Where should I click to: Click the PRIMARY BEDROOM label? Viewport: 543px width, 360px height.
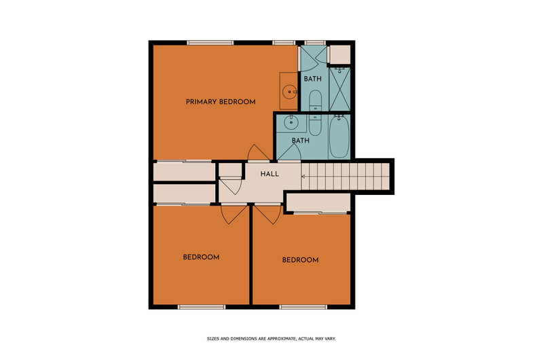point(221,102)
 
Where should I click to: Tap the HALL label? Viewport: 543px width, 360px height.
point(269,174)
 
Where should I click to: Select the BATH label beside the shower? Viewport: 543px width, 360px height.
point(313,79)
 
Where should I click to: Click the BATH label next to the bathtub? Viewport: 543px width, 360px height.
point(301,141)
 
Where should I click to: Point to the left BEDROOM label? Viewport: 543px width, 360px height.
point(201,257)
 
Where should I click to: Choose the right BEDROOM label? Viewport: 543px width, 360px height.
point(300,260)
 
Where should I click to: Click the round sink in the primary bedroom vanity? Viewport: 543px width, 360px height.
point(289,92)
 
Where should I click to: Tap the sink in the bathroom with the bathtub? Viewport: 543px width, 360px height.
point(291,122)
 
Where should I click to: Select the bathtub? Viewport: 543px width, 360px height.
point(339,137)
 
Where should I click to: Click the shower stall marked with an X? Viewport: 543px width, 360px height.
point(340,89)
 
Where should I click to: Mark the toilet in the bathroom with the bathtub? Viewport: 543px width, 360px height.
point(315,126)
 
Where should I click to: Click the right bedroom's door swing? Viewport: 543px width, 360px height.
point(268,215)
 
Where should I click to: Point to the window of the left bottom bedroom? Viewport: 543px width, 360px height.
point(202,307)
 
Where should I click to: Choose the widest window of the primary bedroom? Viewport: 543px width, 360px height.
point(210,43)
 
